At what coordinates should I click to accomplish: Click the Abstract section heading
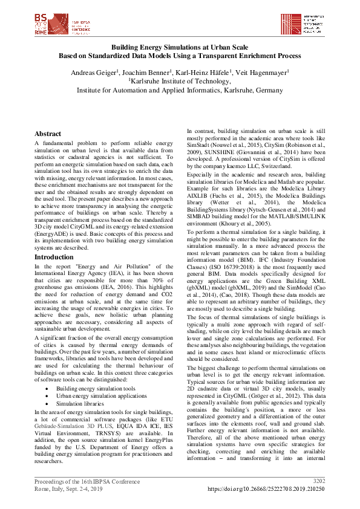[47, 134]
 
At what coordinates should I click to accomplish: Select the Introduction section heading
[54, 257]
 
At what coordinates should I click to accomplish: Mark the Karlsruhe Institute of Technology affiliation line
[179, 80]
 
